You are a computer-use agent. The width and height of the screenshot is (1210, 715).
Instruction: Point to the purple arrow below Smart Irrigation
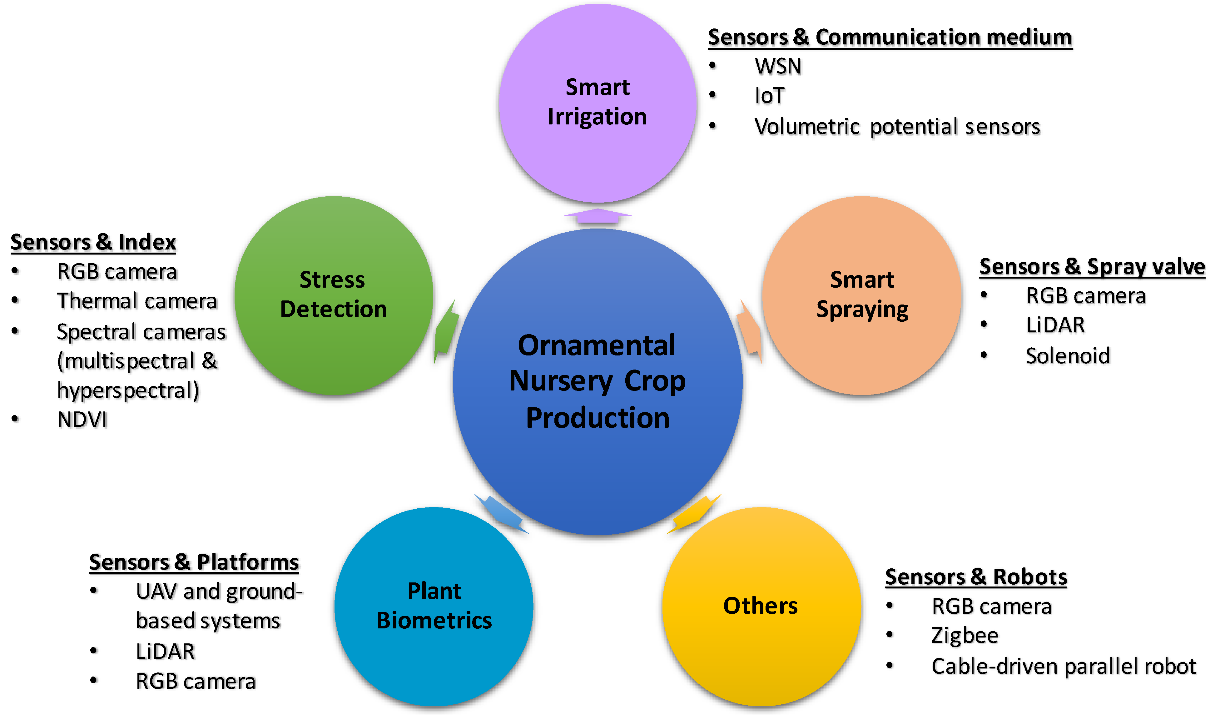click(x=597, y=216)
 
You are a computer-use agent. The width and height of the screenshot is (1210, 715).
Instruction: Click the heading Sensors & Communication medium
click(x=890, y=37)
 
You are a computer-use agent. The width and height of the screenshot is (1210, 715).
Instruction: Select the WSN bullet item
click(x=778, y=66)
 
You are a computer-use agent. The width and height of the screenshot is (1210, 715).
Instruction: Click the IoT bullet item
click(x=769, y=95)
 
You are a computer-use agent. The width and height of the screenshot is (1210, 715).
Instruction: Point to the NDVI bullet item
click(x=82, y=420)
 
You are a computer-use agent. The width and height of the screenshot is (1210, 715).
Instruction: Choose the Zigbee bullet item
click(x=965, y=636)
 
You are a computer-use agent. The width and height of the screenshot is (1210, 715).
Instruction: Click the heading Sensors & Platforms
click(x=194, y=562)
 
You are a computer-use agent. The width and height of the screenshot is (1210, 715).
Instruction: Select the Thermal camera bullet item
click(x=137, y=301)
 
